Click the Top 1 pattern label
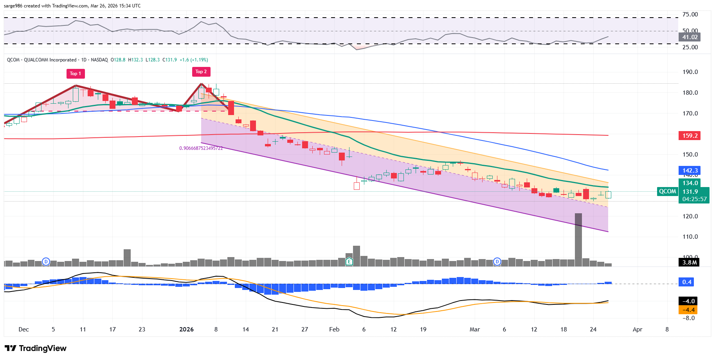pos(75,74)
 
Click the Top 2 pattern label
pos(201,72)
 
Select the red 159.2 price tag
pos(690,136)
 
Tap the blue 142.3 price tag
pos(690,171)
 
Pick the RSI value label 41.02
pos(690,37)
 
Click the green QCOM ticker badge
pos(667,191)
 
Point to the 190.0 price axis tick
pos(690,72)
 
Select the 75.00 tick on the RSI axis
pos(690,14)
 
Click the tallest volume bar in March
pos(578,239)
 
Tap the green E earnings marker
pos(349,262)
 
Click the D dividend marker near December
pos(46,262)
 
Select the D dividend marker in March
pos(497,262)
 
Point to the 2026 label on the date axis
pos(186,329)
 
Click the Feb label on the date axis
pos(334,329)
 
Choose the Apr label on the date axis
pos(638,329)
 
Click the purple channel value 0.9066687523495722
pos(201,148)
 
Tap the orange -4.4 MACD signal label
pos(688,310)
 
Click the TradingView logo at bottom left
pos(36,348)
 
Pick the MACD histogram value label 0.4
pos(687,282)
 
